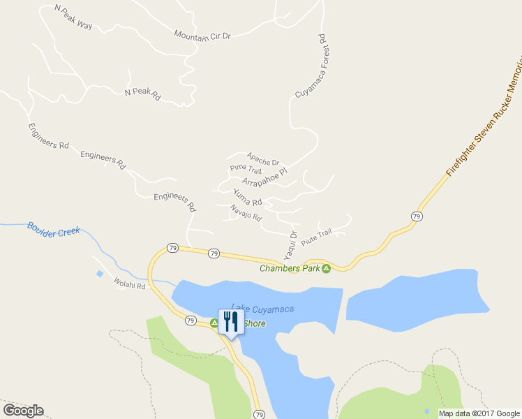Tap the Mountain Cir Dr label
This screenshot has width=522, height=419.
[x=202, y=36]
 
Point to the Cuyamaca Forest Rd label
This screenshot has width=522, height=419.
[x=311, y=66]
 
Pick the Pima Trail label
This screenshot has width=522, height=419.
[x=246, y=170]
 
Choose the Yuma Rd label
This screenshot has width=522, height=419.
[x=248, y=197]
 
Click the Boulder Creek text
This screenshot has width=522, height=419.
[x=54, y=229]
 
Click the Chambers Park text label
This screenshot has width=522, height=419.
[x=290, y=268]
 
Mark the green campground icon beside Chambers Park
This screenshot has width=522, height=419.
[x=326, y=268]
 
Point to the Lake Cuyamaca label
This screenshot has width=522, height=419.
[x=262, y=309]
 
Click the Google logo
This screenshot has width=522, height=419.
[x=23, y=410]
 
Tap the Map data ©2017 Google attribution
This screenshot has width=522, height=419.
[x=479, y=413]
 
